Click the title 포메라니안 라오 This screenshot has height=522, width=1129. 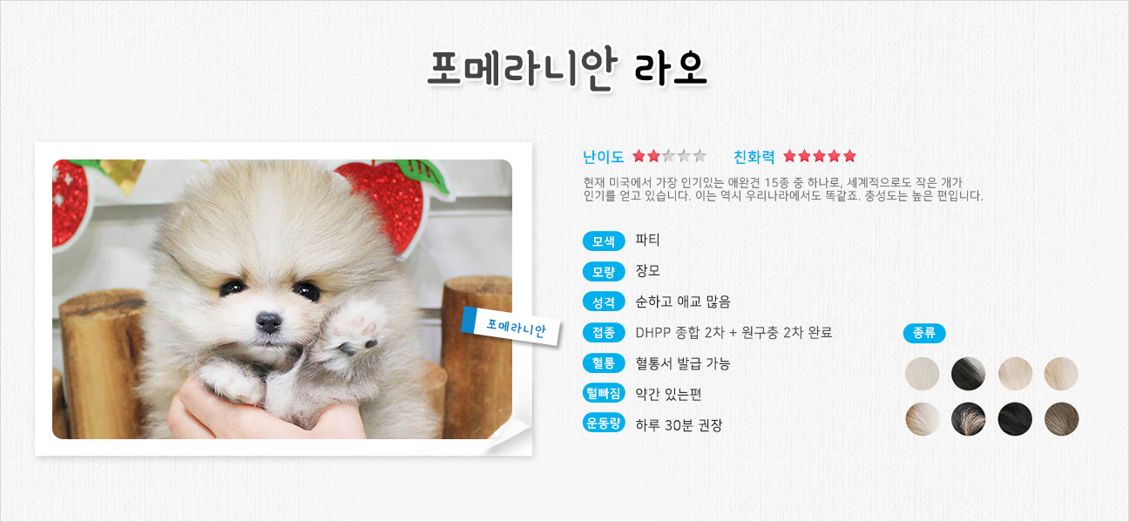coord(567,69)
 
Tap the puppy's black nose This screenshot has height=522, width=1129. coord(268,322)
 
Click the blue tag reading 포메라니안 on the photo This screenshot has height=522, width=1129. coord(510,327)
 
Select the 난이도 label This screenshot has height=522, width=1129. coord(604,157)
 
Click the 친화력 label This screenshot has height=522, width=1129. coord(754,157)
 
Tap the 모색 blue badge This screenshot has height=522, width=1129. coord(604,241)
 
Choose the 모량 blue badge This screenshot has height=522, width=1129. coord(604,272)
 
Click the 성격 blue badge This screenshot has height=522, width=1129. coord(604,302)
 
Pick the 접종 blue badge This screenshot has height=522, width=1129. coord(604,332)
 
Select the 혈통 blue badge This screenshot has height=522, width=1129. coord(604,363)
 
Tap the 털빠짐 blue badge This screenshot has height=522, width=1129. coord(604,393)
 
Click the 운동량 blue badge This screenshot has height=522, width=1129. coord(604,424)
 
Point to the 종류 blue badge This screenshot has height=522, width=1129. coord(924,333)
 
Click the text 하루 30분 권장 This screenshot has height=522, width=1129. coord(679,425)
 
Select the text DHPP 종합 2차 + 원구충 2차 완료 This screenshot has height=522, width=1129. coord(734,333)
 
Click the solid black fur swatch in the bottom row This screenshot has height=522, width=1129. coord(1015,418)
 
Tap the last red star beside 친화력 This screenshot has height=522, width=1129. coord(849,156)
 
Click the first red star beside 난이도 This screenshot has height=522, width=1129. coord(639,156)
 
